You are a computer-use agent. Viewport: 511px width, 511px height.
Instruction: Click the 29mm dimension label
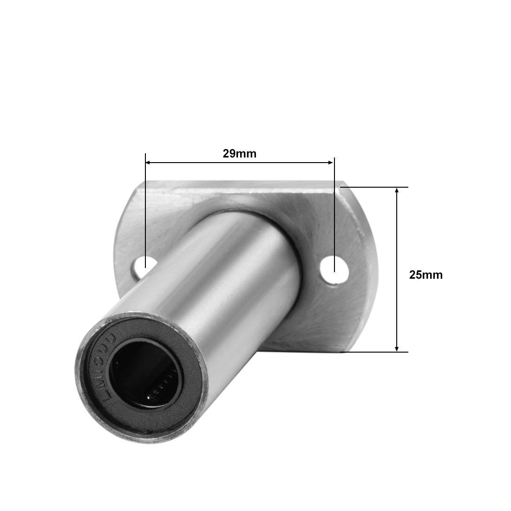coord(239,153)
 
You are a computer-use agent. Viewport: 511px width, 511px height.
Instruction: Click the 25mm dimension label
coord(426,275)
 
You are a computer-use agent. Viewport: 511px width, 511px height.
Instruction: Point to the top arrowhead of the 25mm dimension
coord(396,190)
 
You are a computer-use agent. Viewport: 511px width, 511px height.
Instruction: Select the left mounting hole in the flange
coord(140,266)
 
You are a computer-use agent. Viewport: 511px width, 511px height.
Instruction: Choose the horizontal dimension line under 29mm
coord(239,163)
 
